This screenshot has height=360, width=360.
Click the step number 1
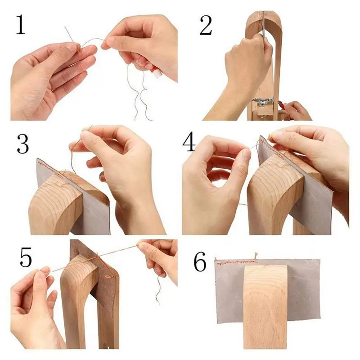21,25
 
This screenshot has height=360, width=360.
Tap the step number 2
206,25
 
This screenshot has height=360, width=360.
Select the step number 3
23,144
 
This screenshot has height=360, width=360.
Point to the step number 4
189,142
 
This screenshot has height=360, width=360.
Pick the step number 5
26,257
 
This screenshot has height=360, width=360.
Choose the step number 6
200,262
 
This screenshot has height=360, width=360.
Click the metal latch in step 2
263,102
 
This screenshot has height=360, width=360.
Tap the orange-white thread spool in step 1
156,72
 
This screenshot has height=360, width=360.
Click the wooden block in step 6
265,306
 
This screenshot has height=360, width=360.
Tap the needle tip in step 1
65,27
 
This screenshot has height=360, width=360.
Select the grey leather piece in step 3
76,198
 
